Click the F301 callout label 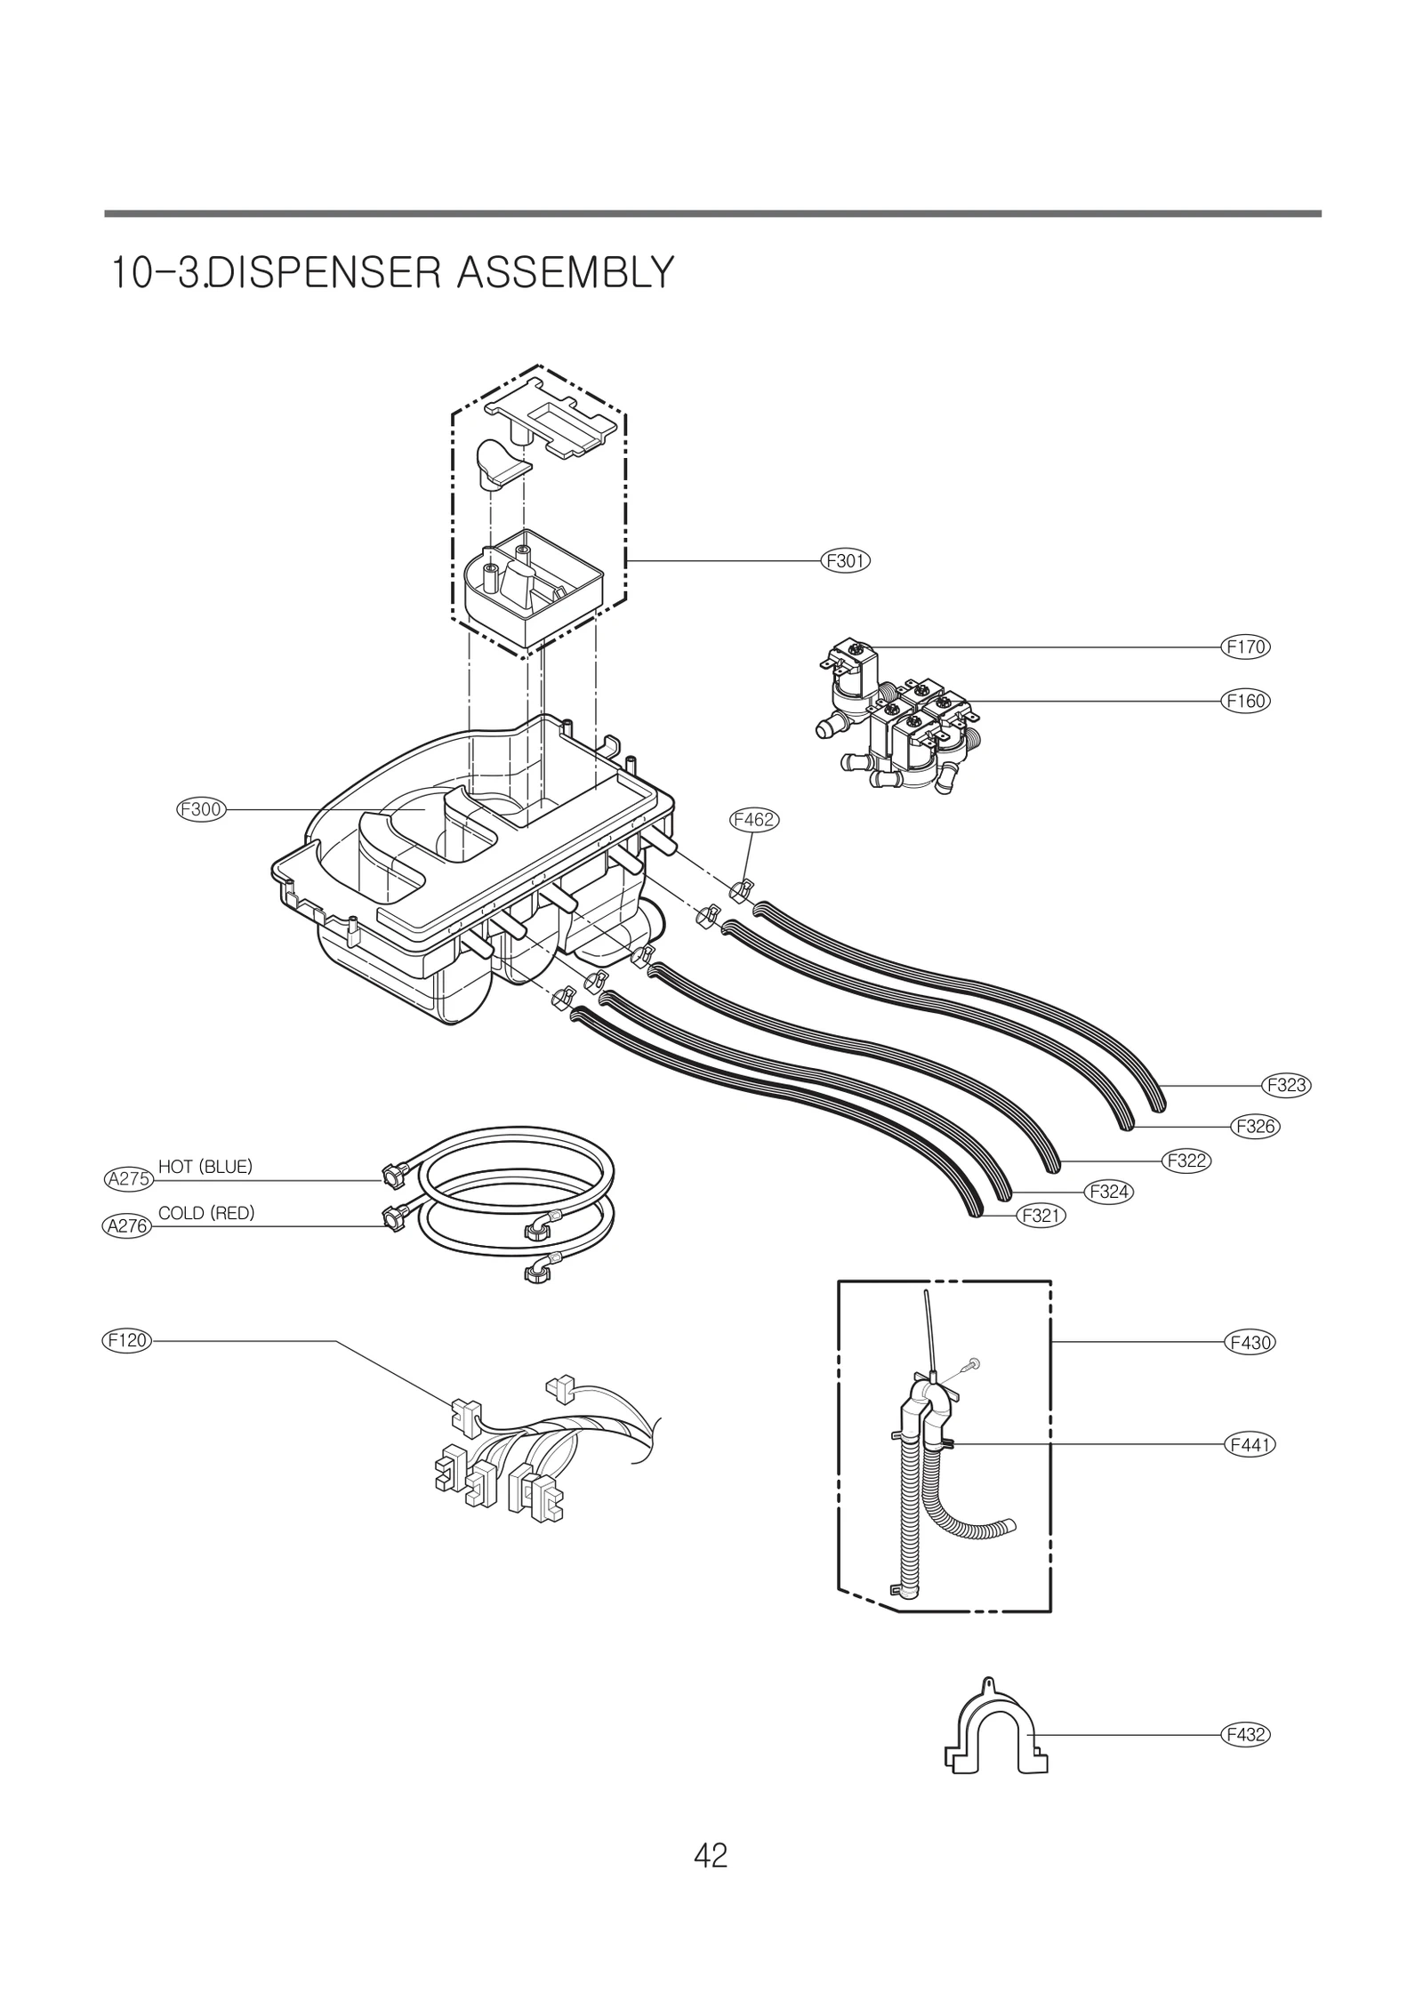[x=844, y=561]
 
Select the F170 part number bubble [x=1244, y=647]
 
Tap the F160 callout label [x=1244, y=701]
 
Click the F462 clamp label [x=753, y=820]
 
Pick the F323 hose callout [x=1286, y=1085]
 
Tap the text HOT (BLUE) [x=205, y=1167]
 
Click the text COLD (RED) [x=206, y=1213]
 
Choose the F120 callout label [x=126, y=1340]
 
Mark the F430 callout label [x=1250, y=1342]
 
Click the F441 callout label [x=1250, y=1445]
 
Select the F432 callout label [x=1244, y=1735]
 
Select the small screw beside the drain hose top [x=976, y=1362]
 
